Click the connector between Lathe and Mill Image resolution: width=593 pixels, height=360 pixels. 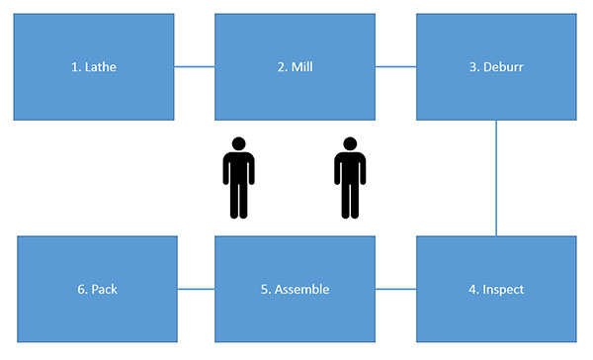[x=195, y=67]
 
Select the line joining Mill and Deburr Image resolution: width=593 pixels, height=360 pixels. [x=395, y=67]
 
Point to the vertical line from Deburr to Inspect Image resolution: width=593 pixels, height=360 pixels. [x=496, y=178]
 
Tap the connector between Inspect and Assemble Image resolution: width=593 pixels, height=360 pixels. [x=395, y=290]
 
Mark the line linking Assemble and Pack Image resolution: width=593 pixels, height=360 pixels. [x=196, y=290]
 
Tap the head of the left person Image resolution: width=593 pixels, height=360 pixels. [x=238, y=143]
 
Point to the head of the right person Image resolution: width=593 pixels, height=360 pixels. [x=350, y=143]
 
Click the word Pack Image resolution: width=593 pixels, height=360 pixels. [x=104, y=290]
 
